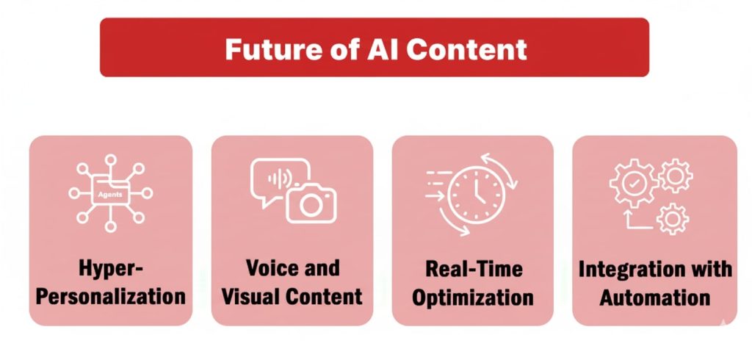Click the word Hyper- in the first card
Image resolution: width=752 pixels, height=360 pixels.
[111, 269]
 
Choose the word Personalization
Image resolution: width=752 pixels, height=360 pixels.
[111, 297]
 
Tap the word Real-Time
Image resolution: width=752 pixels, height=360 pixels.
[472, 270]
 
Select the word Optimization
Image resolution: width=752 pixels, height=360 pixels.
[472, 298]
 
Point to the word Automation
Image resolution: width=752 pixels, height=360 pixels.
[654, 297]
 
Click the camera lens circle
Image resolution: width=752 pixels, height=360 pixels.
[311, 206]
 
